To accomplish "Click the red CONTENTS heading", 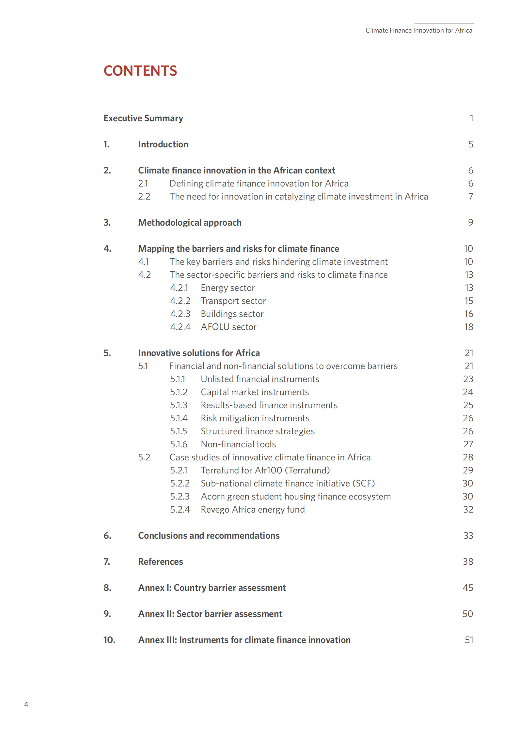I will pos(140,71).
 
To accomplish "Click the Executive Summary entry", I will pos(143,118).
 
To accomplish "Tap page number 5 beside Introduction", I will pos(470,144).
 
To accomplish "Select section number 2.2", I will pos(144,196).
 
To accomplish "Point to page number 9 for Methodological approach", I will pos(470,222).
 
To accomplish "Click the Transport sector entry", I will pos(233,301).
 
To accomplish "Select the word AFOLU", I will pos(215,327).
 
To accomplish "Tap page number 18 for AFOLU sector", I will pos(468,327).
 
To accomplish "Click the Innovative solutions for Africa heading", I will pos(199,353).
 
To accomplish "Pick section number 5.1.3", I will pos(179,405).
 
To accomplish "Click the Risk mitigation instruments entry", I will pos(255,418).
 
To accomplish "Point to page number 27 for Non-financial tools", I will pos(468,444).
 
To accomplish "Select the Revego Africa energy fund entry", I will pos(253,509).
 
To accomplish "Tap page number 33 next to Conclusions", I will pos(468,535).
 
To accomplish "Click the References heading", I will pos(160,561).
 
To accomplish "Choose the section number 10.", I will pos(109,640).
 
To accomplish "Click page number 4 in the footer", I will pos(26,704).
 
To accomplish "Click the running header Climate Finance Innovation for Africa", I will pos(418,30).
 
